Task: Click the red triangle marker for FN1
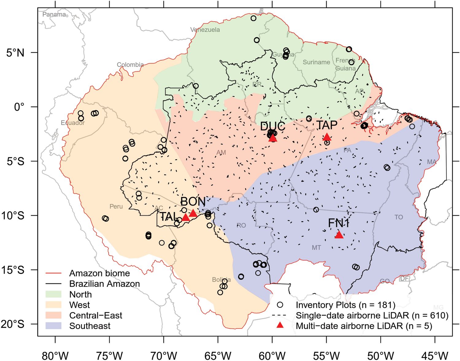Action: [x=339, y=235]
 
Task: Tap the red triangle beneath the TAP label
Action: [x=327, y=137]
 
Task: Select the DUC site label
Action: [x=273, y=126]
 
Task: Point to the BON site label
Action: [x=193, y=202]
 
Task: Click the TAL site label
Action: [x=168, y=217]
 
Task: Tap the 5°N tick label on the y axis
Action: [x=15, y=53]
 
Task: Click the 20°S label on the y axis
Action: [x=13, y=324]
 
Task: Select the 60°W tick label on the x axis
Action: [x=272, y=356]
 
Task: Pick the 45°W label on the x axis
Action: [x=435, y=356]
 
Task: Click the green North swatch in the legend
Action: [x=53, y=294]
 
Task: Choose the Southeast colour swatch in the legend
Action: [x=53, y=326]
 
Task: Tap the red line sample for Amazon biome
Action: [x=53, y=273]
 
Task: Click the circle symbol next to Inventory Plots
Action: [x=280, y=305]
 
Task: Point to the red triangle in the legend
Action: [x=280, y=325]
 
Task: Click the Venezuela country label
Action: [x=205, y=30]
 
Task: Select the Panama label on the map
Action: [x=54, y=14]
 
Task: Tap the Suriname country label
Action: [x=316, y=62]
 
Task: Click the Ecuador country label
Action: [x=72, y=123]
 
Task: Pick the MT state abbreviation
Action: [x=316, y=248]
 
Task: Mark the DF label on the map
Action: [x=404, y=278]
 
